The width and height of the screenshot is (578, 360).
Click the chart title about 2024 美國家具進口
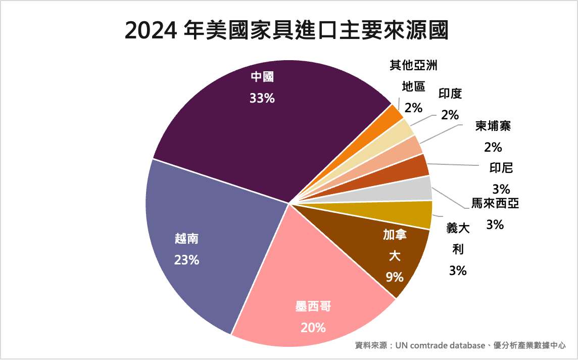pos(286,31)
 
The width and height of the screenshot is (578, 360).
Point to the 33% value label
pos(262,99)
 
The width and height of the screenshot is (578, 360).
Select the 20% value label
pos(313,328)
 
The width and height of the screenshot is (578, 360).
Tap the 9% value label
pos(395,277)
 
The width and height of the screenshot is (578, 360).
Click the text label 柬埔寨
pos(493,126)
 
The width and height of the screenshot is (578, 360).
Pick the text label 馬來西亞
pos(495,204)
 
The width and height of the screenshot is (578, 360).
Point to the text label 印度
pos(450,94)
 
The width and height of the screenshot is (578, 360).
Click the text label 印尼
pos(501,167)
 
